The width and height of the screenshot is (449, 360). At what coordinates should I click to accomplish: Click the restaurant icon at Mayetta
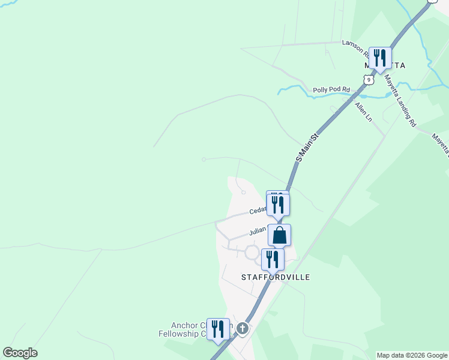tap(379, 58)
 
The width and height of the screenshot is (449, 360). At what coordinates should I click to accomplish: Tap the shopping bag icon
tap(279, 235)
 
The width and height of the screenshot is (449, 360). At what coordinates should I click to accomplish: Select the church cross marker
tap(242, 328)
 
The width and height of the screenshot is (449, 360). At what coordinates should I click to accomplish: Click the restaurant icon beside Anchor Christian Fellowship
tap(218, 329)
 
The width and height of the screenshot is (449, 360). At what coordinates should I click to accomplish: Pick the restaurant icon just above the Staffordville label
tap(273, 260)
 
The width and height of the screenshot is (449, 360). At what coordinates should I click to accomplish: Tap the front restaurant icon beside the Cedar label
tap(278, 205)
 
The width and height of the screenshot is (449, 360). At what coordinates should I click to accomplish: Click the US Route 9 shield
tap(369, 79)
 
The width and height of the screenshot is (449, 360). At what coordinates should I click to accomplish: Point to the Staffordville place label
tap(276, 277)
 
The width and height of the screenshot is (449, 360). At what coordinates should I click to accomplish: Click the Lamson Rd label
tap(354, 45)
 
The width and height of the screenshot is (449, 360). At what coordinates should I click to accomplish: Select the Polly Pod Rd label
tap(331, 91)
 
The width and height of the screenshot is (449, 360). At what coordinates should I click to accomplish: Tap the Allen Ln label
tap(364, 112)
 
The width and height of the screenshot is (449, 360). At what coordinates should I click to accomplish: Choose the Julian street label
tap(259, 231)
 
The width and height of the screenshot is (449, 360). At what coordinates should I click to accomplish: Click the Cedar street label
tap(258, 210)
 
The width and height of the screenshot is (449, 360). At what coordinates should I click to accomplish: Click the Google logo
tap(20, 353)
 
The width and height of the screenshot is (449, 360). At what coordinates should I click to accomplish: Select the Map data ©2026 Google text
tap(412, 355)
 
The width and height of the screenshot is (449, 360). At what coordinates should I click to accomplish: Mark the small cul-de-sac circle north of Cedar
tap(243, 193)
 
